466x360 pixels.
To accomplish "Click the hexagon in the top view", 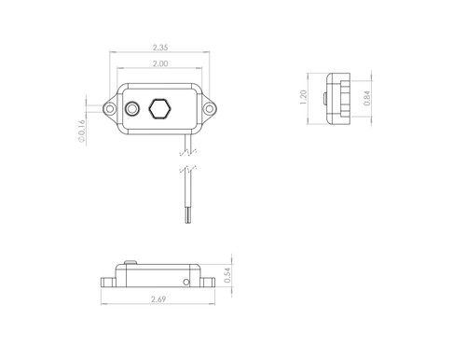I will [160, 108].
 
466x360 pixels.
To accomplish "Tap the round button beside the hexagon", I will [133, 109].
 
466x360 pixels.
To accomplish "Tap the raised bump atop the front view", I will [129, 264].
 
